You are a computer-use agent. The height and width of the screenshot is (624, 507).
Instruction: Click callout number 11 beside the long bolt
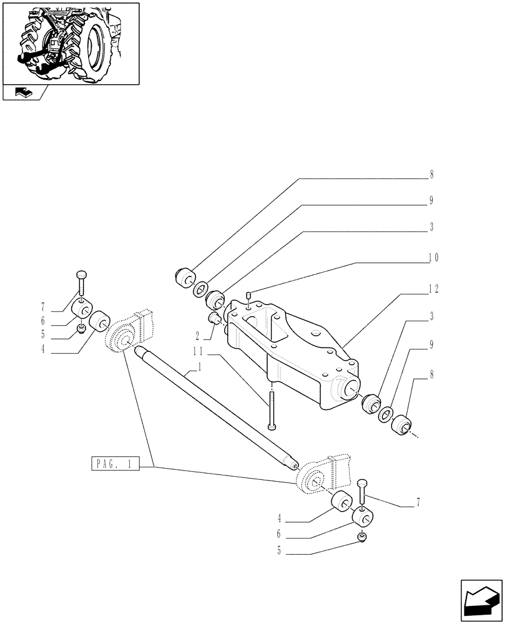199,351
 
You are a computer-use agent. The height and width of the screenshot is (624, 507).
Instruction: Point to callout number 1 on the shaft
198,369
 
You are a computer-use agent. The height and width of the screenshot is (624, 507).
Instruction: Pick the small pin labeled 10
248,295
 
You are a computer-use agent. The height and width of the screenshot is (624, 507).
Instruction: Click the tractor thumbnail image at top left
71,42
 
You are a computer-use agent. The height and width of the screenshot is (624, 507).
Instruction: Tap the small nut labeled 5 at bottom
362,537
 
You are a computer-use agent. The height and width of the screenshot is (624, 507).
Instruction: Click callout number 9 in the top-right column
431,201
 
